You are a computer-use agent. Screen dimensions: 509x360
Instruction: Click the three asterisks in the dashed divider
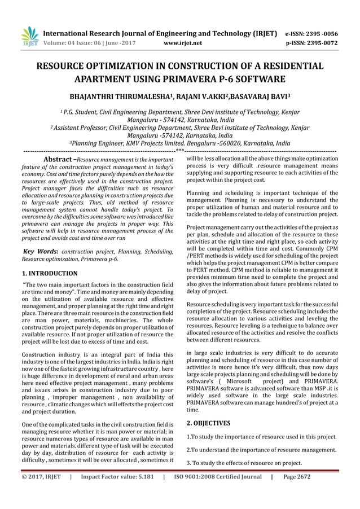pos(179,151)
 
